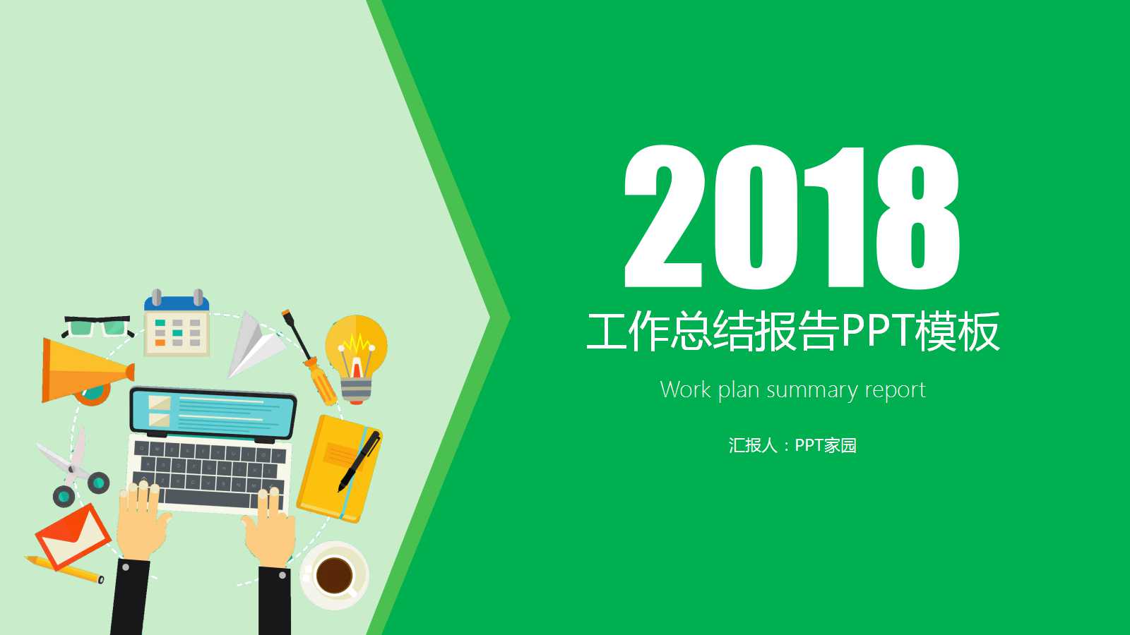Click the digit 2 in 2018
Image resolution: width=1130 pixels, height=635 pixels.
coord(664,217)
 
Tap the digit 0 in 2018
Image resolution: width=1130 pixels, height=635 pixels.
coord(755,217)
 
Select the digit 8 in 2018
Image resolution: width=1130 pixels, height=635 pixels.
coord(918,217)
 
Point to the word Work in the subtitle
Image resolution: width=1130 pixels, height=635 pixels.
coord(686,389)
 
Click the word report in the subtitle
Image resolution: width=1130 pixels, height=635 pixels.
coord(896,391)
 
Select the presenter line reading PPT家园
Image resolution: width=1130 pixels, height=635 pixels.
coord(826,445)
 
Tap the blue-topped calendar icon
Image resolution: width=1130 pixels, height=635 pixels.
coord(177,324)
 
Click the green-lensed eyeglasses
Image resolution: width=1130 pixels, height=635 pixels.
coord(97,327)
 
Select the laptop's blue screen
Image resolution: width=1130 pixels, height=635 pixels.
coord(213,413)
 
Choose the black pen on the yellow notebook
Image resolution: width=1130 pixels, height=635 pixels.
coord(359,461)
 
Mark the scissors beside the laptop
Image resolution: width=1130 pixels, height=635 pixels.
coord(73,468)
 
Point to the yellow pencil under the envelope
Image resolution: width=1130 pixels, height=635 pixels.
coord(64,569)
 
